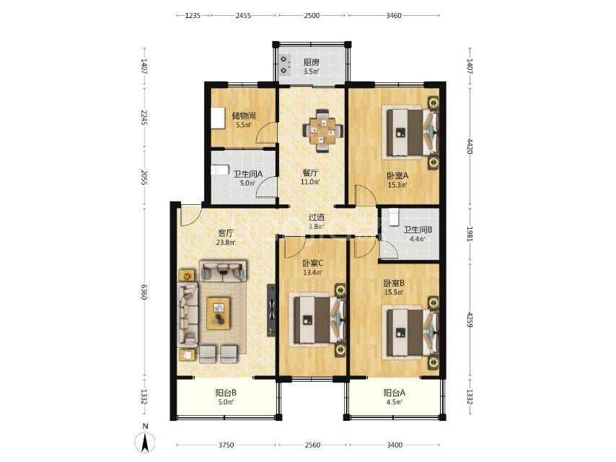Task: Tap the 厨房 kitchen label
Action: pyautogui.click(x=311, y=62)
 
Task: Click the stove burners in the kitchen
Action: pyautogui.click(x=285, y=65)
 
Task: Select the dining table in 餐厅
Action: pyautogui.click(x=323, y=131)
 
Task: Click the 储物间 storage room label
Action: pyautogui.click(x=244, y=115)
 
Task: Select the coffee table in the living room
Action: pyautogui.click(x=219, y=313)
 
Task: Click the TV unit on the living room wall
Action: pyautogui.click(x=271, y=310)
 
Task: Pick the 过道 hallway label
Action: pyautogui.click(x=316, y=217)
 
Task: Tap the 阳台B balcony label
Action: pyautogui.click(x=226, y=393)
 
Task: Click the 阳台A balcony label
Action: pyautogui.click(x=395, y=393)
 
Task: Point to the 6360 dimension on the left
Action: pyautogui.click(x=144, y=292)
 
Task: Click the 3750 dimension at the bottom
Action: pyautogui.click(x=226, y=445)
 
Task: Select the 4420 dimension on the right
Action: pyautogui.click(x=470, y=146)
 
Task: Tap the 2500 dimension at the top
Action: pyautogui.click(x=312, y=15)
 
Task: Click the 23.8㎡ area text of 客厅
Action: pyautogui.click(x=226, y=243)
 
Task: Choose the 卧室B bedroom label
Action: pyautogui.click(x=394, y=283)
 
